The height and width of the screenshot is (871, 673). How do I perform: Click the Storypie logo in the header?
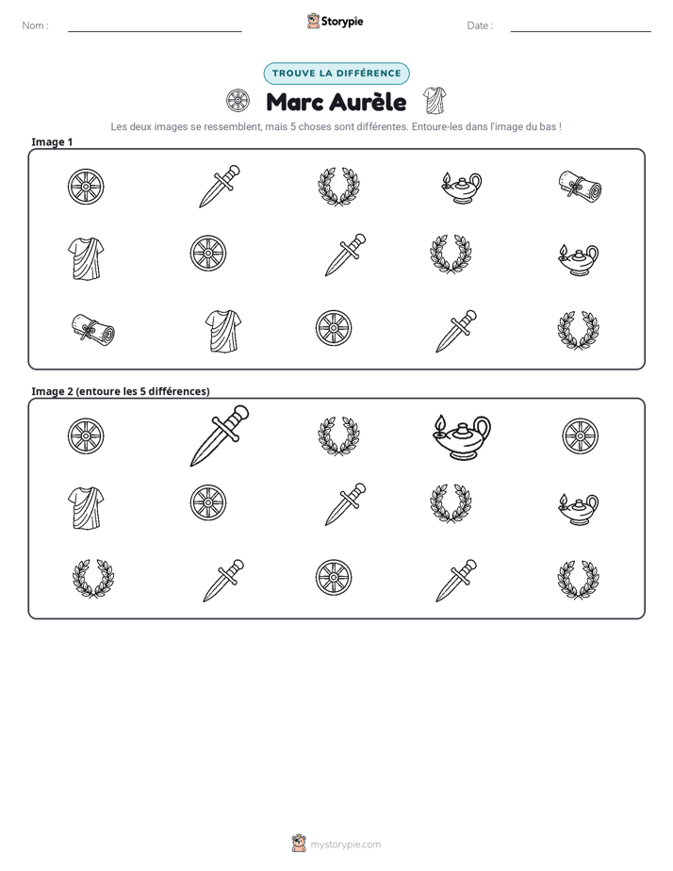point(335,21)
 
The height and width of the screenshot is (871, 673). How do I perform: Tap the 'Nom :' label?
point(35,25)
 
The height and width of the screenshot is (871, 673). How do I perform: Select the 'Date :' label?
point(480,25)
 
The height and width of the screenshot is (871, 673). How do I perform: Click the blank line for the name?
point(155,32)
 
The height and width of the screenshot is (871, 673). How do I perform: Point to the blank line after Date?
point(581,32)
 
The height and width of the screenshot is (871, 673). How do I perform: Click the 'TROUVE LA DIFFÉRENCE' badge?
point(336,74)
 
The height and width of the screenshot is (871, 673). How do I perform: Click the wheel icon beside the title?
point(238,101)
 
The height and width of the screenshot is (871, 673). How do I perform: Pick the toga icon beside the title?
point(435,101)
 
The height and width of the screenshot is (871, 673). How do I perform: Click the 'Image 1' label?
point(52,142)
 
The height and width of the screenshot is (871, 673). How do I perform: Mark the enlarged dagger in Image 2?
point(220,435)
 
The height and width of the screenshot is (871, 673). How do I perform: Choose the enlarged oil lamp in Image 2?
point(462,437)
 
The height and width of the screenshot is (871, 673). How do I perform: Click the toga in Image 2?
point(86,508)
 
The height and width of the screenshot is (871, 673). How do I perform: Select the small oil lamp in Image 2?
point(578,509)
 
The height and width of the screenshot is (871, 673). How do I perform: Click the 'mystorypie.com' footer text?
point(345,845)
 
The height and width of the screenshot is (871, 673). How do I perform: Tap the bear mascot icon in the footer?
point(299,844)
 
